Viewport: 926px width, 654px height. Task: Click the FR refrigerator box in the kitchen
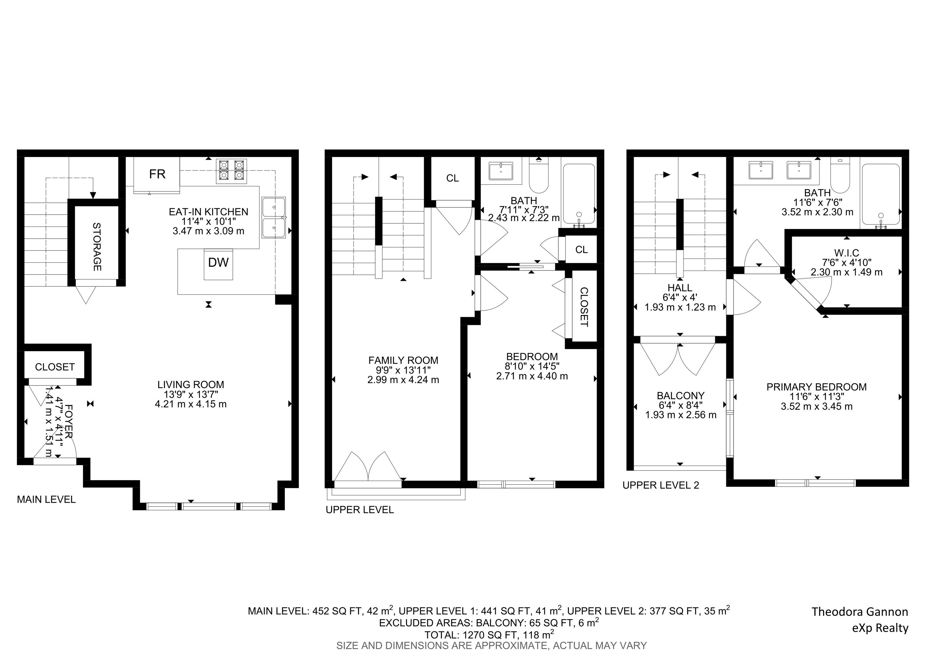click(157, 174)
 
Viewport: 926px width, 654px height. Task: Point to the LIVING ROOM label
click(191, 385)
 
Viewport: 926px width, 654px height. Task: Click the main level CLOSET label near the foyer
click(55, 367)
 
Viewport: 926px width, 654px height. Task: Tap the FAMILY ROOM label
click(403, 360)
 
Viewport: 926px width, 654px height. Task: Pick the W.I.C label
click(846, 253)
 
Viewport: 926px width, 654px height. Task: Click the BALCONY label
click(680, 396)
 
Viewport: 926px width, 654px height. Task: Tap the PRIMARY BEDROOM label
click(816, 387)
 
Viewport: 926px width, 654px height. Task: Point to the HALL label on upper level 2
click(680, 288)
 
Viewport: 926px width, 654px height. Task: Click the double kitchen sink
click(273, 218)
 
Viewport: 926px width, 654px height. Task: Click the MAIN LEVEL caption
click(46, 500)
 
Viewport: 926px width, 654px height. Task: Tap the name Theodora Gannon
click(859, 612)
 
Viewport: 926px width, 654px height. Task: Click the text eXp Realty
click(880, 628)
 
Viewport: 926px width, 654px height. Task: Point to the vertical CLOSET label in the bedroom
click(584, 307)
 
